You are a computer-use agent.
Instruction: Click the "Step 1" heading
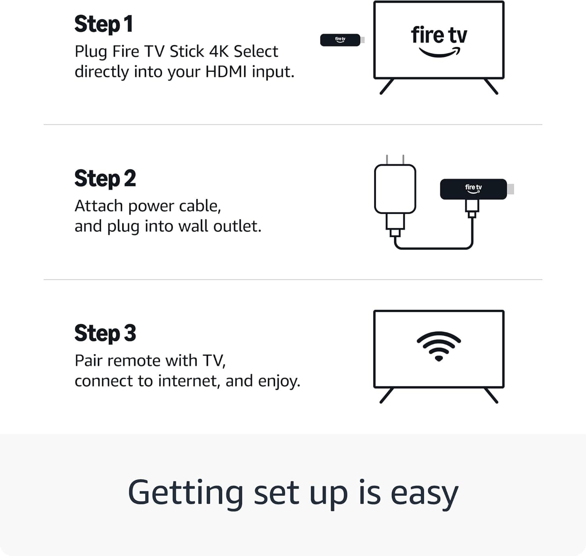(x=104, y=24)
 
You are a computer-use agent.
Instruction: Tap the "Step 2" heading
(x=105, y=179)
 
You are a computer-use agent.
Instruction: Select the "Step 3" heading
(x=105, y=333)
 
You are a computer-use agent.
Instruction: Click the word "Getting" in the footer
(x=186, y=493)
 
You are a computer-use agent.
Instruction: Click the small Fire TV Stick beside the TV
(x=340, y=40)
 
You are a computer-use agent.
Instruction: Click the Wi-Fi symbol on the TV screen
(x=439, y=346)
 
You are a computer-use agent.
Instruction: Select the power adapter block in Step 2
(x=395, y=189)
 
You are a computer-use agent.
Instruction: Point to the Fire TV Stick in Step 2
(x=473, y=189)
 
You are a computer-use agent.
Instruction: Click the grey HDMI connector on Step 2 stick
(x=511, y=189)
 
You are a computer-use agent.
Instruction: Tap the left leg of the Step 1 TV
(x=387, y=87)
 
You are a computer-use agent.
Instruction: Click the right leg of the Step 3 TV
(x=491, y=395)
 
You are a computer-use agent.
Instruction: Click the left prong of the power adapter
(x=387, y=159)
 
